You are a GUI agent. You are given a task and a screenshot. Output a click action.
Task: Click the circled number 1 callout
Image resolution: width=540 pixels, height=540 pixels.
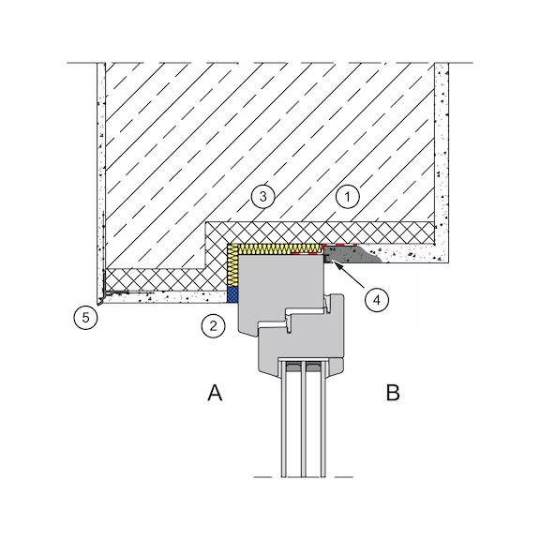pyautogui.click(x=348, y=197)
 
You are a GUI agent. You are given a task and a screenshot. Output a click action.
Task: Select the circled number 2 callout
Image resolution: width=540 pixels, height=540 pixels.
pyautogui.click(x=213, y=326)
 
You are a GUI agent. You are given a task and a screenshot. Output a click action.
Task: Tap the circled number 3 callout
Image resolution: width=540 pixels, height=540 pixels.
pyautogui.click(x=263, y=197)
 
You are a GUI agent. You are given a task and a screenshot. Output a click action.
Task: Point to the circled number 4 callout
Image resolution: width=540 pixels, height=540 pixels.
pyautogui.click(x=377, y=300)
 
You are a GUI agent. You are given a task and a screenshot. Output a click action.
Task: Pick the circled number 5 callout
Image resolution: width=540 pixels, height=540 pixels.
pyautogui.click(x=85, y=317)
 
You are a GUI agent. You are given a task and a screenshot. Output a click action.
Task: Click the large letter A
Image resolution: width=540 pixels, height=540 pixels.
pyautogui.click(x=215, y=393)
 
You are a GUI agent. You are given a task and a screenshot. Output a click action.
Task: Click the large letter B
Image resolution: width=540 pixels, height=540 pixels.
pyautogui.click(x=393, y=393)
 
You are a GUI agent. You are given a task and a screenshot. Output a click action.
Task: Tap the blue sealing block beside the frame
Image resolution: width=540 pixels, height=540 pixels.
pyautogui.click(x=232, y=294)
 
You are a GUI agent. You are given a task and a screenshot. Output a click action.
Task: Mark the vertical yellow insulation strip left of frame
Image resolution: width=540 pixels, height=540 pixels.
pyautogui.click(x=233, y=266)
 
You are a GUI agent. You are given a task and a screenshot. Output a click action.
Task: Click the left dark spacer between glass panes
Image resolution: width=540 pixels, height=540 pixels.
pyautogui.click(x=292, y=367)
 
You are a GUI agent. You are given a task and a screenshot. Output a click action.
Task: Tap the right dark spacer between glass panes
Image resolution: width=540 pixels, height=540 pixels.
pyautogui.click(x=313, y=367)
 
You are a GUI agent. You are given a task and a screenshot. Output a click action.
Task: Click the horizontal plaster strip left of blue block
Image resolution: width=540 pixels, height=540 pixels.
pyautogui.click(x=165, y=297)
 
